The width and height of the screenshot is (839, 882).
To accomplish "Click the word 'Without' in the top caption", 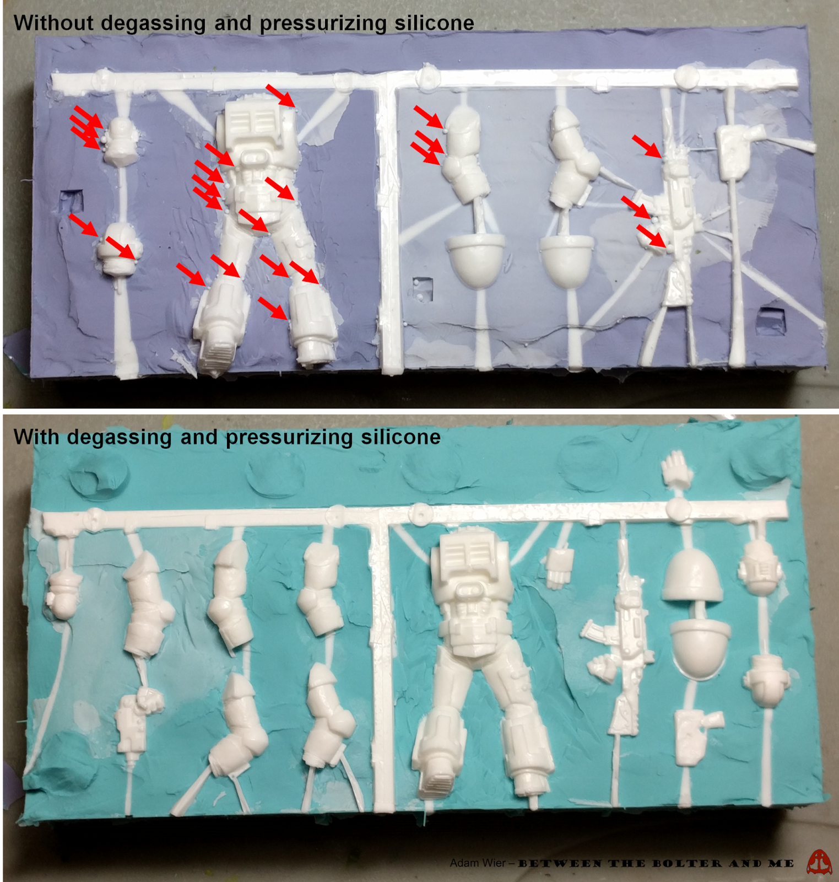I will pos(53,23).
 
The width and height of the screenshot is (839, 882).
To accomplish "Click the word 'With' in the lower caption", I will pos(36,437).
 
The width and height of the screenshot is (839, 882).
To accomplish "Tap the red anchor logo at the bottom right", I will pos(820,862).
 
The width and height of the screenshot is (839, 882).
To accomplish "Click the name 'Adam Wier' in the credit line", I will pos(477,863).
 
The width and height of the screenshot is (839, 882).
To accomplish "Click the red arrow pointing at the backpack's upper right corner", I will pos(280,95).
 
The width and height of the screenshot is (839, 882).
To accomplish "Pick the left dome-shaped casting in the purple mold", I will pos(475,259).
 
